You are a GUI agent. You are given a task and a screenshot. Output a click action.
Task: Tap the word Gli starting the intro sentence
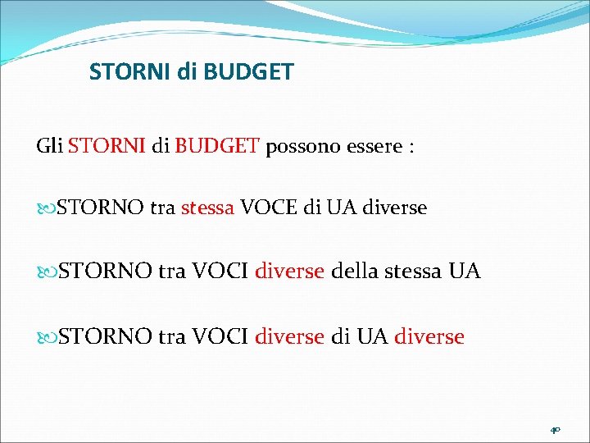[x=49, y=147]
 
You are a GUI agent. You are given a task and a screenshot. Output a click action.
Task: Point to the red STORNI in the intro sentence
[x=107, y=147]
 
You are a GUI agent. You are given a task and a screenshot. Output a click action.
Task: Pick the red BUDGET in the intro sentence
[x=217, y=147]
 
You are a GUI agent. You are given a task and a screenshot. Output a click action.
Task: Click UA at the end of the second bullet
[x=465, y=272]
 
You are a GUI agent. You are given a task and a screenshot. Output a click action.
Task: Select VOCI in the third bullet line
[x=220, y=336]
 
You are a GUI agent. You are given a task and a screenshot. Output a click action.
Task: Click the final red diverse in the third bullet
[x=429, y=336]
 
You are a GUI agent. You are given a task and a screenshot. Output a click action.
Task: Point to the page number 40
[x=555, y=429]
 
